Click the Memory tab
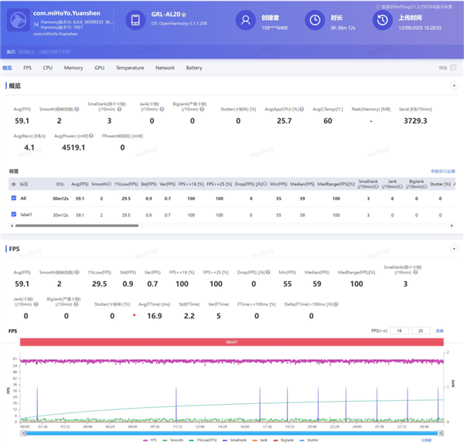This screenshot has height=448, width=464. pyautogui.click(x=73, y=68)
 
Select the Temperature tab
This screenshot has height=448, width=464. pyautogui.click(x=130, y=68)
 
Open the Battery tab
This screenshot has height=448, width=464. pyautogui.click(x=194, y=68)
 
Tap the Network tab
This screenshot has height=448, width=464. pyautogui.click(x=165, y=68)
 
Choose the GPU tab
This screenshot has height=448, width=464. pyautogui.click(x=99, y=68)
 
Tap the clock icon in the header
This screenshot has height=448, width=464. pyautogui.click(x=314, y=21)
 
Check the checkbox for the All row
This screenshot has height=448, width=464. pyautogui.click(x=13, y=199)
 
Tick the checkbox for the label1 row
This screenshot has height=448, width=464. pyautogui.click(x=13, y=212)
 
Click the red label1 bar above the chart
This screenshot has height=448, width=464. pyautogui.click(x=231, y=341)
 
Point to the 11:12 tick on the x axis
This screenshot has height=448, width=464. pyautogui.click(x=177, y=426)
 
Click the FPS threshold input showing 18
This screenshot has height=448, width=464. pyautogui.click(x=399, y=331)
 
